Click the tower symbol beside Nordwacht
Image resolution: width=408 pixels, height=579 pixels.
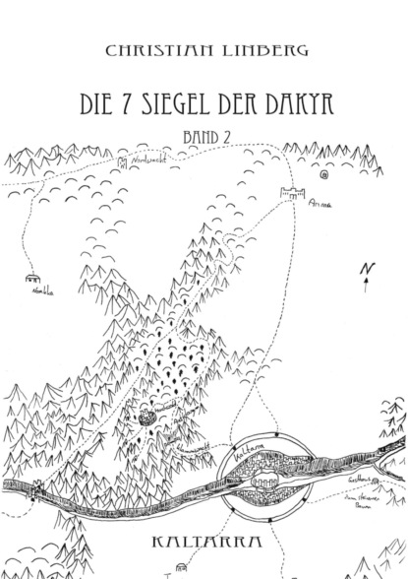[x=123, y=161]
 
